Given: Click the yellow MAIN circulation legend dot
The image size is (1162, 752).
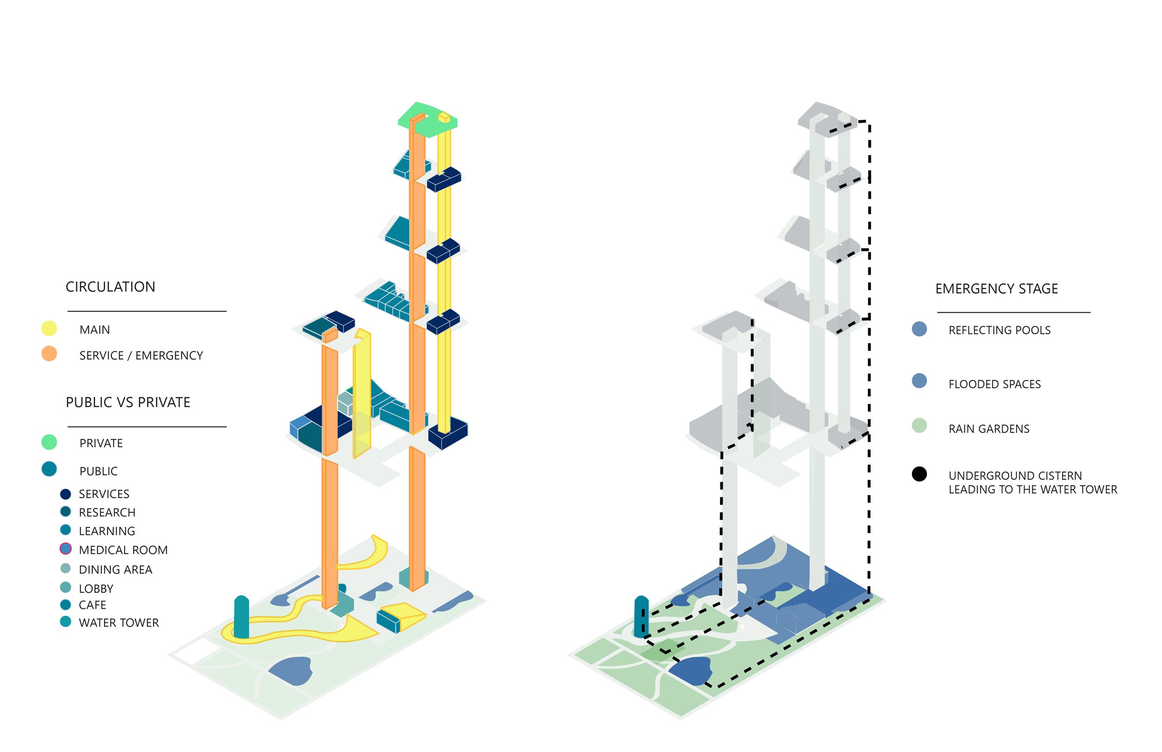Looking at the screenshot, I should click(49, 329).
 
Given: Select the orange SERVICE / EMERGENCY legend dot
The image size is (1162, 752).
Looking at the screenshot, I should click(49, 354).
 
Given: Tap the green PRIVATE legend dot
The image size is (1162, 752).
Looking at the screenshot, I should click(49, 442).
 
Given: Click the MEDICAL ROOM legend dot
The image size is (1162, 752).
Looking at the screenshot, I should click(66, 549).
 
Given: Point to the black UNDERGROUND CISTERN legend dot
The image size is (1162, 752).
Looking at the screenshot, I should click(919, 474).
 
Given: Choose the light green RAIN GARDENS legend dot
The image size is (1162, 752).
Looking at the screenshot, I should click(919, 425).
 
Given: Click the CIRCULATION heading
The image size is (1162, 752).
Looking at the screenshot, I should click(110, 287).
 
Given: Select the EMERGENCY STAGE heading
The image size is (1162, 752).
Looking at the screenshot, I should click(997, 289).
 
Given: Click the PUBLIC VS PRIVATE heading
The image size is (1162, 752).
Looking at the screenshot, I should click(128, 402).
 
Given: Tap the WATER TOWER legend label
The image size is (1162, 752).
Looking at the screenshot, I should click(119, 623).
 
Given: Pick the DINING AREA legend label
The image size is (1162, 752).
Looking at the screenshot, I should click(115, 570).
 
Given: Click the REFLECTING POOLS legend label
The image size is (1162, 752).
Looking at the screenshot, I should click(999, 330).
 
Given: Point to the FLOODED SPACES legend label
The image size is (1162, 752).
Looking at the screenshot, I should click(995, 385).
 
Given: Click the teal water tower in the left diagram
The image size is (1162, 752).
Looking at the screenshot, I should click(241, 617).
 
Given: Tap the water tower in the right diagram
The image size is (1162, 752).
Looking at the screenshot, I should click(640, 616).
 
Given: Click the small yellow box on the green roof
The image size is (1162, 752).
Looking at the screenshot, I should click(444, 117).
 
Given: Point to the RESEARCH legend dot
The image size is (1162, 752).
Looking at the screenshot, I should click(66, 512).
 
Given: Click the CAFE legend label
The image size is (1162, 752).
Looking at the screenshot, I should click(92, 606).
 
